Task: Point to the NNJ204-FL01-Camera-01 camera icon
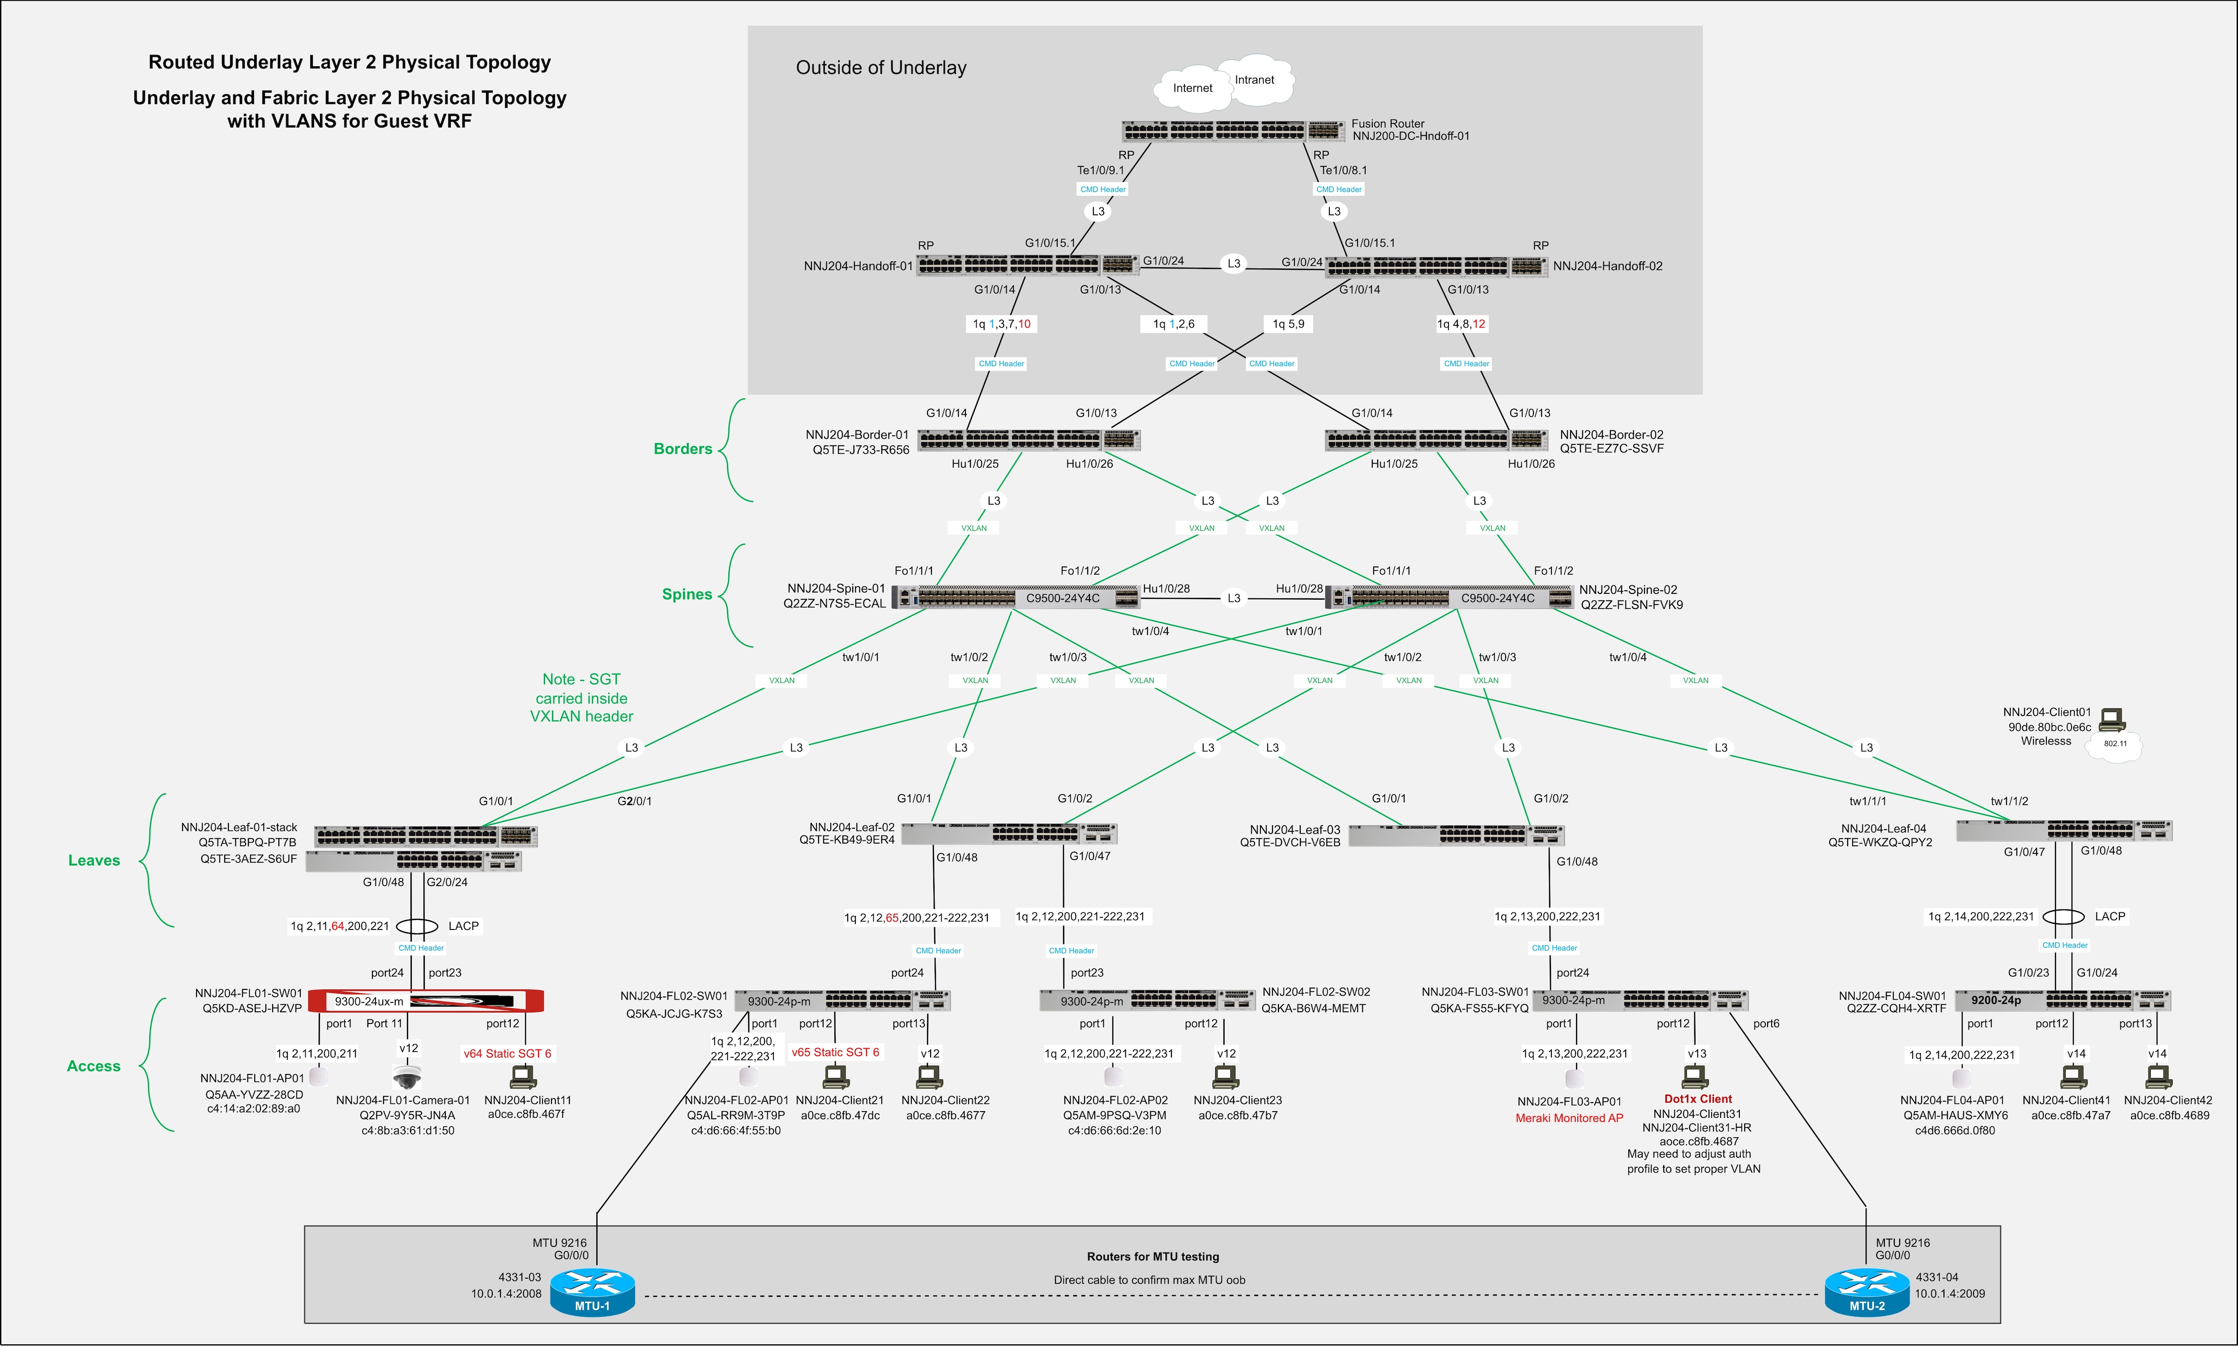(407, 1078)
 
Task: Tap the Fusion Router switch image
(1232, 131)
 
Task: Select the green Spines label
(686, 595)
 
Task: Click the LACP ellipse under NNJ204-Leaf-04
(2064, 917)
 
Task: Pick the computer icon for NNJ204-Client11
(523, 1078)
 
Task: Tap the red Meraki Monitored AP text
(1569, 1118)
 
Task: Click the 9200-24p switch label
(1995, 1000)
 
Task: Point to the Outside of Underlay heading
(881, 68)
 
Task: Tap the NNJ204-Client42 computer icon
(2158, 1078)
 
